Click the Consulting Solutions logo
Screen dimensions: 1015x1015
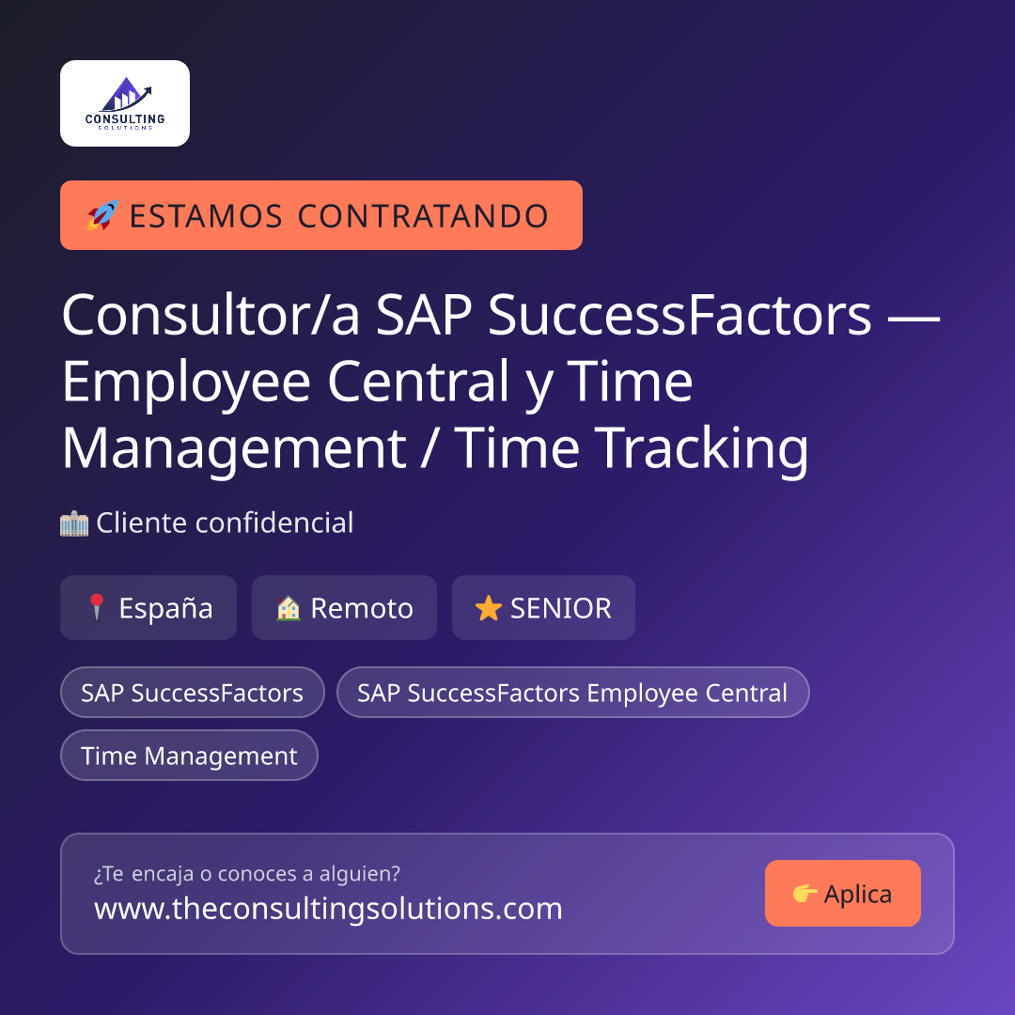[125, 103]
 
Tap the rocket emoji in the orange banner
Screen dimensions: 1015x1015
[103, 215]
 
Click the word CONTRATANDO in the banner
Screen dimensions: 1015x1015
[423, 216]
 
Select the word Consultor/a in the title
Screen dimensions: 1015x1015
[211, 315]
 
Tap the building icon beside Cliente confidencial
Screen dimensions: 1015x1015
[74, 523]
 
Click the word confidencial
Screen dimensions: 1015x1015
[274, 523]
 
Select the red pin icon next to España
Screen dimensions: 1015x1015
[97, 607]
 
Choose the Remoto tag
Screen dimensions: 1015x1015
[344, 608]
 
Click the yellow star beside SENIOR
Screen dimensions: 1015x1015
[488, 608]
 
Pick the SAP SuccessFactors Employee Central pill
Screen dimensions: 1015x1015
[573, 693]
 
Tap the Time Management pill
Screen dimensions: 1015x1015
[189, 756]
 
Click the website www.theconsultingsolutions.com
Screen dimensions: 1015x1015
[328, 908]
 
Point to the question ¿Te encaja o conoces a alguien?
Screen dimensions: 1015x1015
[247, 874]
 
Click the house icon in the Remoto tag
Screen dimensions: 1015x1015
[289, 608]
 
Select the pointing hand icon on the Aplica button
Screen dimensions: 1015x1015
[804, 894]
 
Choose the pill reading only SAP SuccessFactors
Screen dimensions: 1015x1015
[193, 693]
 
